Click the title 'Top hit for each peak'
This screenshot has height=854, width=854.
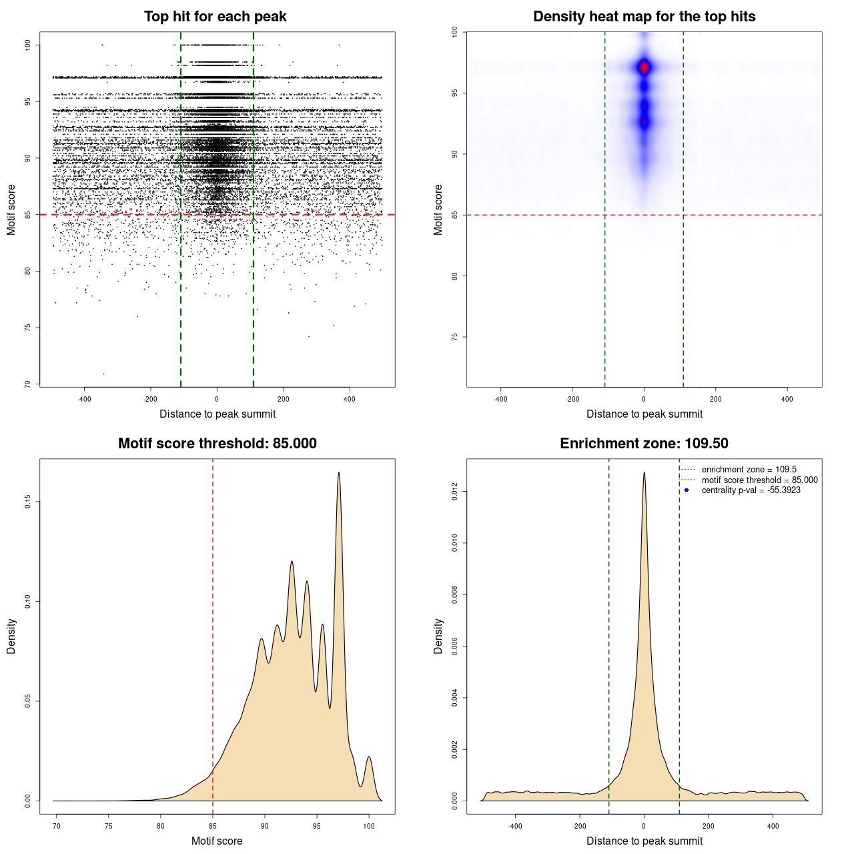click(216, 17)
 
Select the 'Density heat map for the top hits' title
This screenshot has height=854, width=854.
click(644, 17)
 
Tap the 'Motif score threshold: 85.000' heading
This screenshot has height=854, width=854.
click(217, 444)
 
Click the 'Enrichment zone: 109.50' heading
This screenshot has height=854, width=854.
click(644, 444)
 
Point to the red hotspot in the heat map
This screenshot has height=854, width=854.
click(644, 67)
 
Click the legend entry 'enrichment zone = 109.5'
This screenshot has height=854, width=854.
click(749, 470)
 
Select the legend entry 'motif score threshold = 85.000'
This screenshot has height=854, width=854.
click(759, 480)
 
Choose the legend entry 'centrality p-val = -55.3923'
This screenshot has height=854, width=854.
click(751, 490)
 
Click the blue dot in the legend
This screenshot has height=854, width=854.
click(687, 490)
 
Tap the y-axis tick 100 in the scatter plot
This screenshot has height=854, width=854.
click(27, 45)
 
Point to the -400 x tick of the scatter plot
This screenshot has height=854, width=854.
click(84, 399)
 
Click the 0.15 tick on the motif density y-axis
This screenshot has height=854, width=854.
click(27, 502)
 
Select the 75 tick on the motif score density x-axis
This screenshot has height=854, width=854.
click(109, 826)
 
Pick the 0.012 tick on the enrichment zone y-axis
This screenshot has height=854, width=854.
click(454, 492)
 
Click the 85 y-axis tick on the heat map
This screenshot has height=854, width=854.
click(454, 215)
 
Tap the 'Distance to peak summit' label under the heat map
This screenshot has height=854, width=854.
click(644, 414)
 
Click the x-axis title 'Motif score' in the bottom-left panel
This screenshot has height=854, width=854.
click(217, 841)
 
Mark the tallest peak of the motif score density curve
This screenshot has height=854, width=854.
click(339, 473)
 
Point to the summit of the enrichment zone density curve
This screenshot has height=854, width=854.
click(644, 473)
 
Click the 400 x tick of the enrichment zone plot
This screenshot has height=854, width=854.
click(773, 826)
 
